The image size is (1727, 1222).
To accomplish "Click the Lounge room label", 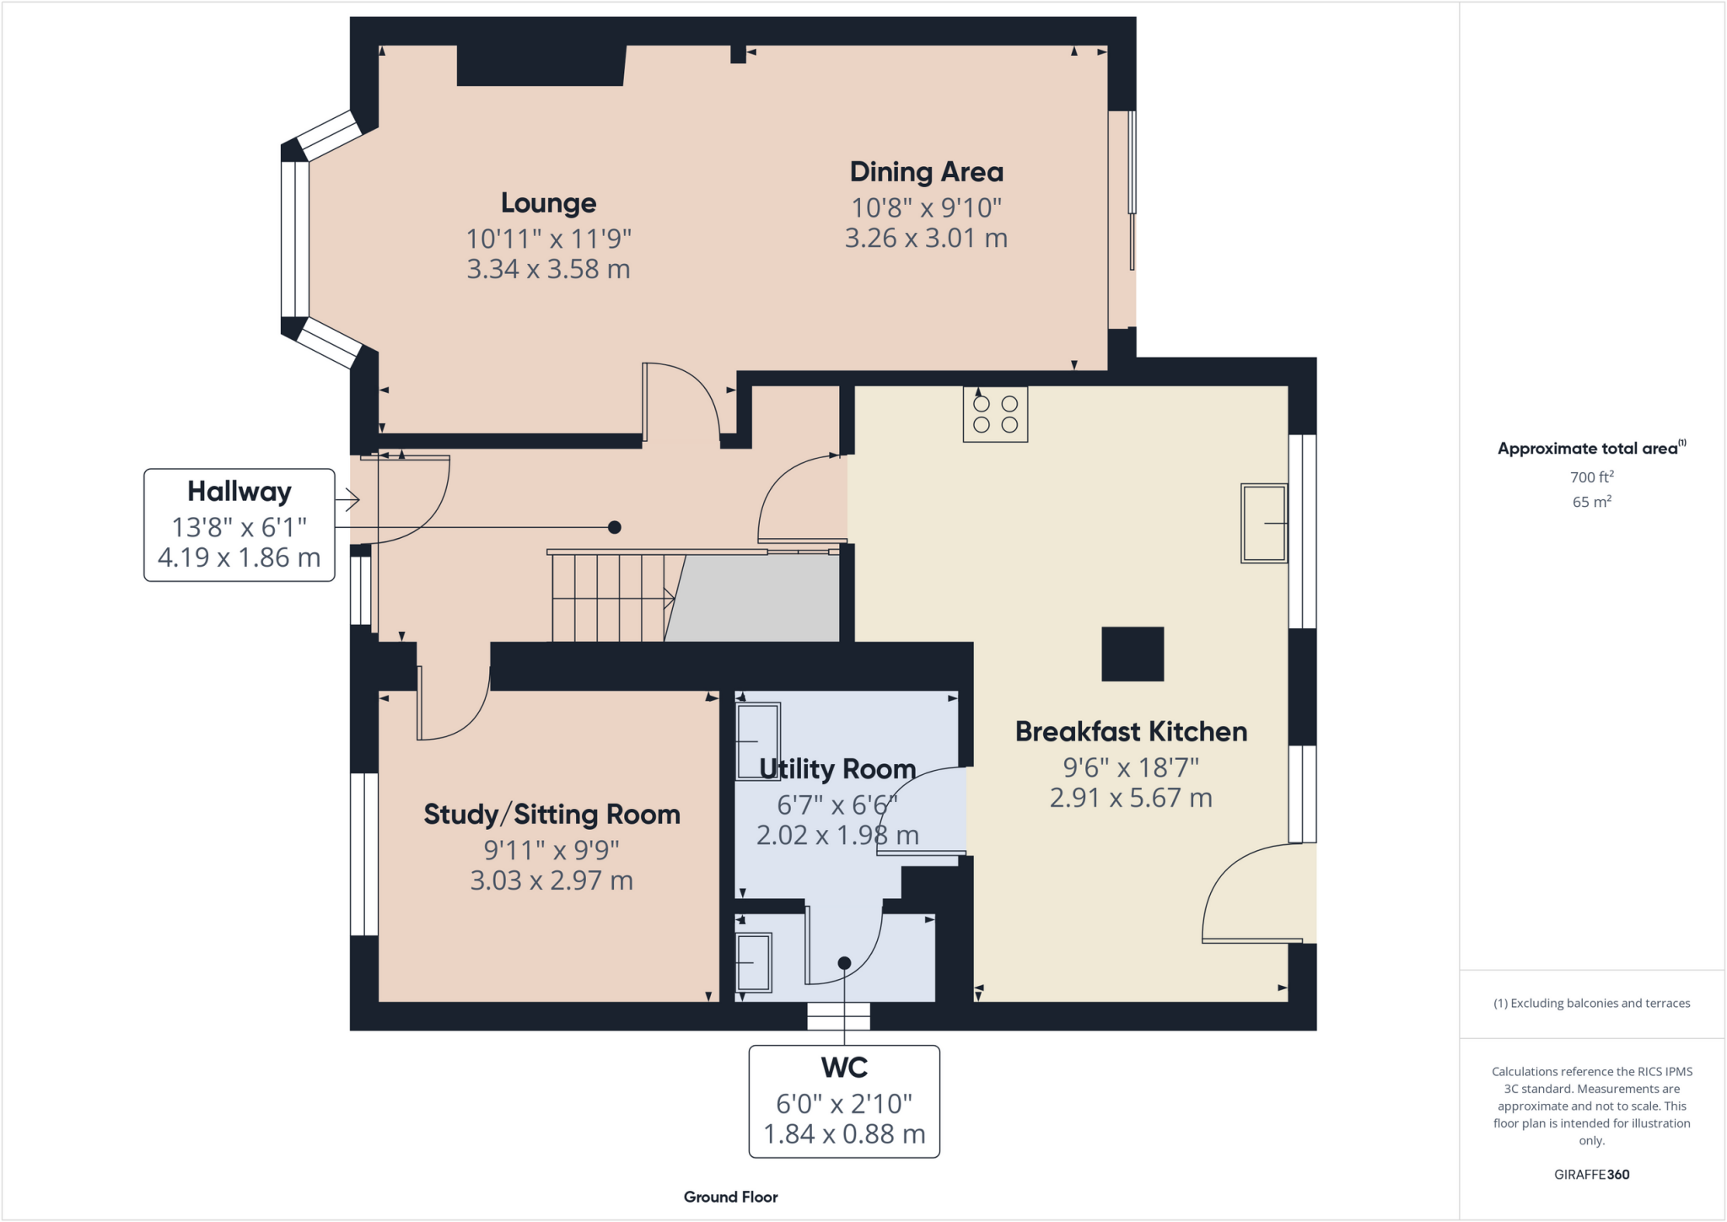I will [x=548, y=203].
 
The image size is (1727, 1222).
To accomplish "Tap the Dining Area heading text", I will [x=926, y=172].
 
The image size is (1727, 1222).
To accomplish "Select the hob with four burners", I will [x=995, y=414].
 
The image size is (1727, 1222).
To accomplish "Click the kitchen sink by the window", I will [x=1263, y=523].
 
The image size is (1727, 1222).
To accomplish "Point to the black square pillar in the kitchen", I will [x=1133, y=654].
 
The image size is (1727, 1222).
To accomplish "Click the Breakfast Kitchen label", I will [x=1131, y=731].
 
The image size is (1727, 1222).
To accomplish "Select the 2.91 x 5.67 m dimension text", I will [x=1131, y=798].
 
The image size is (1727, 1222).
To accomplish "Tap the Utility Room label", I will [x=837, y=769].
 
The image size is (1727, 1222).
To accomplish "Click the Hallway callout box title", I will [x=239, y=491].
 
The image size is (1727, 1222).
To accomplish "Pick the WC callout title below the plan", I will [x=844, y=1068].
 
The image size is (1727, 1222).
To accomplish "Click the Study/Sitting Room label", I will [x=551, y=815].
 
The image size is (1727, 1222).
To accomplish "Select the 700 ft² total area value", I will [x=1591, y=477].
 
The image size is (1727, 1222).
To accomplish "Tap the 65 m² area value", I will [x=1591, y=502].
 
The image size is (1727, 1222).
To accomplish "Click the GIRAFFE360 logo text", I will [x=1591, y=1174].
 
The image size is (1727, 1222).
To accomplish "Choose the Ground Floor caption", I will [x=730, y=1197].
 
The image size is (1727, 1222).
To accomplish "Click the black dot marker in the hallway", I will [x=615, y=527].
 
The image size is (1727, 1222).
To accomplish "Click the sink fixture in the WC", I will [x=754, y=962].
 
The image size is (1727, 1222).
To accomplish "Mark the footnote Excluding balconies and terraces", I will [x=1591, y=1004].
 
